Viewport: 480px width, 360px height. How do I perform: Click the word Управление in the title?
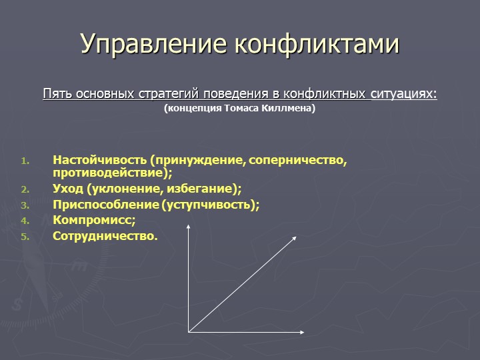pyautogui.click(x=154, y=44)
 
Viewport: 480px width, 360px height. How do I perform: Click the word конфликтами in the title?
pyautogui.click(x=317, y=43)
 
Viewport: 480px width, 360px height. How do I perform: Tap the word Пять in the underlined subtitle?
pyautogui.click(x=57, y=93)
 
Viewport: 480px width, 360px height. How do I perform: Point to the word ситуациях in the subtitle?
pyautogui.click(x=404, y=94)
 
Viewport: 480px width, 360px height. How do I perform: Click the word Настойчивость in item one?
pyautogui.click(x=99, y=159)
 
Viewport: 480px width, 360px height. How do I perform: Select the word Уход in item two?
pyautogui.click(x=67, y=188)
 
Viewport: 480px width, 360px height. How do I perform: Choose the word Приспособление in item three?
pyautogui.click(x=106, y=204)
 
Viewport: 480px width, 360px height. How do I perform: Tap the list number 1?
pyautogui.click(x=25, y=161)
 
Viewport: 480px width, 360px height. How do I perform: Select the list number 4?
pyautogui.click(x=25, y=221)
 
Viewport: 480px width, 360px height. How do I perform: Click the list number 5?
pyautogui.click(x=25, y=237)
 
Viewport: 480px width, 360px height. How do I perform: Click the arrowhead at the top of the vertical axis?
pyautogui.click(x=189, y=226)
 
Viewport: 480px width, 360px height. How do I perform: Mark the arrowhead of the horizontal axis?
pyautogui.click(x=302, y=332)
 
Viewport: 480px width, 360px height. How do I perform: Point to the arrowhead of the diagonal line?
pyautogui.click(x=294, y=239)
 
